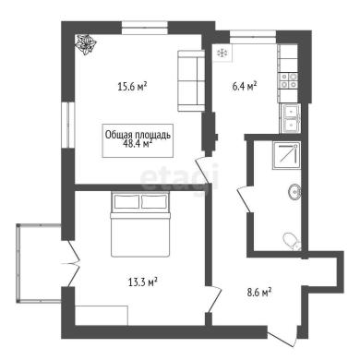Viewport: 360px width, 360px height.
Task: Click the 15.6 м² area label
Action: click(x=132, y=87)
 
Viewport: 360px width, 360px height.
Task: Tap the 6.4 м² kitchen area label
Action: click(x=245, y=86)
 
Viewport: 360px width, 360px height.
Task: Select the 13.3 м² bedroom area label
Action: click(x=143, y=282)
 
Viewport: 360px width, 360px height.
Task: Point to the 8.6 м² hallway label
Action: click(x=259, y=292)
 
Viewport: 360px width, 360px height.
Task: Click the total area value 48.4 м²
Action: click(x=138, y=143)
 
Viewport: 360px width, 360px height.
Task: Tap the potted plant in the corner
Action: click(x=86, y=45)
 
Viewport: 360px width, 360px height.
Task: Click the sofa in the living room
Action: click(x=191, y=80)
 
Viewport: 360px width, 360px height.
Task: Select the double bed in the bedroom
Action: click(x=140, y=224)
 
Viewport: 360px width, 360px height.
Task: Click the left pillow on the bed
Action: click(x=126, y=201)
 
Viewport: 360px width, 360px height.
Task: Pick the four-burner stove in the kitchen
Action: click(x=288, y=80)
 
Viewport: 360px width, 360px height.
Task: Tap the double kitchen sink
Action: click(x=291, y=118)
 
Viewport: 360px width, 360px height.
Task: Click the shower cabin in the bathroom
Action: click(x=286, y=155)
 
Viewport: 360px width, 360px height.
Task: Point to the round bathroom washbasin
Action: click(x=294, y=192)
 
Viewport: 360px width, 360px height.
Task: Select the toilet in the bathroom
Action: click(x=292, y=242)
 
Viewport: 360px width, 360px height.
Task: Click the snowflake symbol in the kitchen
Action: click(x=222, y=54)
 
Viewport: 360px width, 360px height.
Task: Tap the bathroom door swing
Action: click(x=245, y=198)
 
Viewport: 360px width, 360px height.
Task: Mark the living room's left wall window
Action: click(x=67, y=125)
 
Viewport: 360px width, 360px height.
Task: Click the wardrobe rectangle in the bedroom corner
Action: click(x=102, y=315)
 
